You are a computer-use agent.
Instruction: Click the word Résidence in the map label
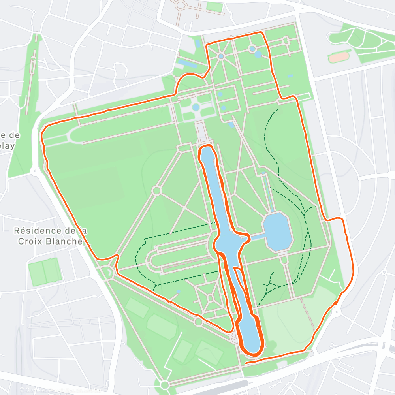tap(38, 230)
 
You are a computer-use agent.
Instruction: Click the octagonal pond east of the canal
tap(278, 231)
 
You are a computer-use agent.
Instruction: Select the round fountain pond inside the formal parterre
tap(196, 107)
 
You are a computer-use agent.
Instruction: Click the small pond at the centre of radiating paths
tap(221, 56)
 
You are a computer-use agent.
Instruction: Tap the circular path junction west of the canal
tap(156, 191)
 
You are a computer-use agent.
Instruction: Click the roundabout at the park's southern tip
tap(165, 384)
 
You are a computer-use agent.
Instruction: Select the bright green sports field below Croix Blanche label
tap(45, 272)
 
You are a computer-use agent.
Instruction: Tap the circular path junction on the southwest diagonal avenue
tap(199, 322)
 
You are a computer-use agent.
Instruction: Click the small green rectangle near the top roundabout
tap(214, 7)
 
